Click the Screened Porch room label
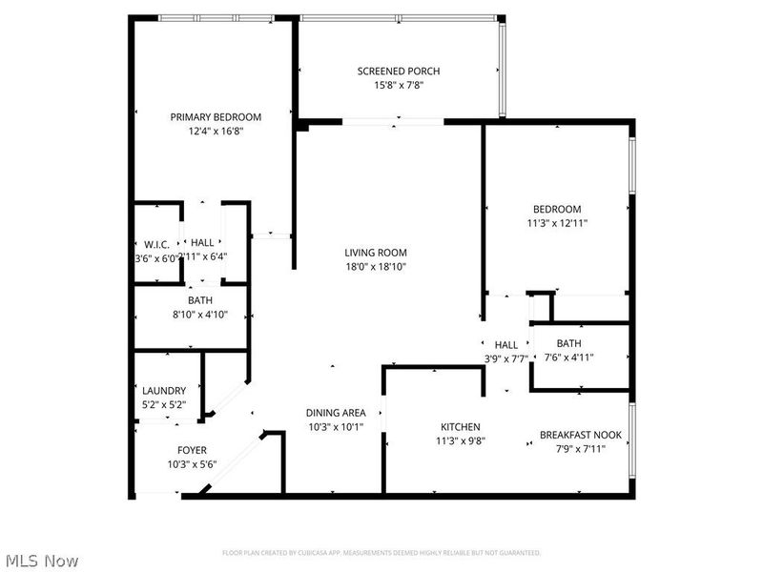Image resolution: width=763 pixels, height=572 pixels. pyautogui.click(x=399, y=71)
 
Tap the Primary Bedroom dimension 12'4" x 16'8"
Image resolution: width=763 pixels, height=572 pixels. pyautogui.click(x=216, y=132)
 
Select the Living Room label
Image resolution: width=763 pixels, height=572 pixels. pyautogui.click(x=376, y=253)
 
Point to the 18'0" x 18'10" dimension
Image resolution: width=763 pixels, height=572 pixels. pyautogui.click(x=376, y=268)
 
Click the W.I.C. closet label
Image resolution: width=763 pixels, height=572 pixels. pyautogui.click(x=156, y=244)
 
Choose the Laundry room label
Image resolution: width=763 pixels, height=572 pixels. pyautogui.click(x=157, y=391)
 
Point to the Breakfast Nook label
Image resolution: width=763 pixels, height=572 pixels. pyautogui.click(x=581, y=435)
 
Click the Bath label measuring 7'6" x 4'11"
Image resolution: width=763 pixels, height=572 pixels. pyautogui.click(x=569, y=343)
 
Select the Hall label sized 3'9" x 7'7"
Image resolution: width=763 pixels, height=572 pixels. pyautogui.click(x=506, y=345)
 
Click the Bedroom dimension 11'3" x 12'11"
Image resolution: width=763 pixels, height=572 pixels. pyautogui.click(x=556, y=224)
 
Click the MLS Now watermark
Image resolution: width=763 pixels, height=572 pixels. pyautogui.click(x=40, y=561)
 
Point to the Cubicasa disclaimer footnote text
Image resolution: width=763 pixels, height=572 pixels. pyautogui.click(x=381, y=553)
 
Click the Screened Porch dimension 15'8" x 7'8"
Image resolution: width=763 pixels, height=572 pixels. pyautogui.click(x=399, y=86)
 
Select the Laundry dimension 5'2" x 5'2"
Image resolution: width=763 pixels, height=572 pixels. pyautogui.click(x=157, y=405)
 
